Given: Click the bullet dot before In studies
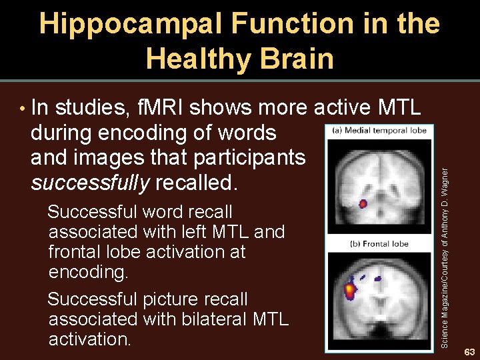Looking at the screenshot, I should click(23, 108).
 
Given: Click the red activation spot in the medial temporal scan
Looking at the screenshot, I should click(363, 203).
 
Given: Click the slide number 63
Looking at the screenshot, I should click(469, 351).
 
